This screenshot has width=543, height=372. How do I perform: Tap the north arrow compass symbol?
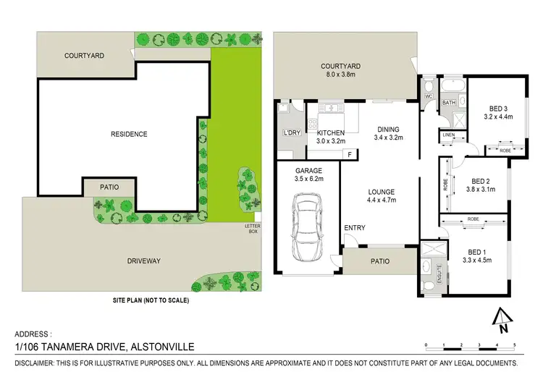[500, 318]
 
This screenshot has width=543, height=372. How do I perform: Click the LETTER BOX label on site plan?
[253, 229]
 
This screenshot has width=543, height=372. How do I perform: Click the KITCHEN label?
[331, 132]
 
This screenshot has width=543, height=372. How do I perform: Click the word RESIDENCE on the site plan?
[129, 134]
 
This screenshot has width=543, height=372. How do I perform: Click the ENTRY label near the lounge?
[355, 228]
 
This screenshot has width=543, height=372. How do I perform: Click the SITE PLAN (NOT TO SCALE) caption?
[150, 300]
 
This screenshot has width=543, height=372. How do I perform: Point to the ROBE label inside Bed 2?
[445, 185]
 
